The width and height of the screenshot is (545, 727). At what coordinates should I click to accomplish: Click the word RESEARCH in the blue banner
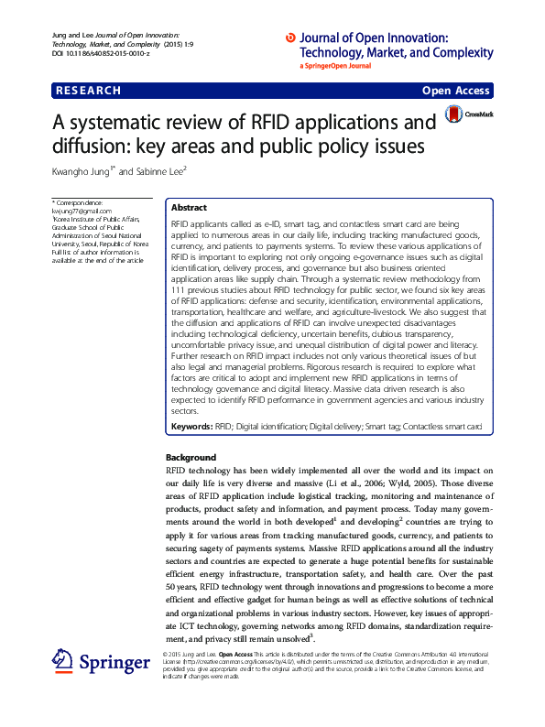(89, 91)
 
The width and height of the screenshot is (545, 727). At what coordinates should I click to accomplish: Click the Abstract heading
(189, 208)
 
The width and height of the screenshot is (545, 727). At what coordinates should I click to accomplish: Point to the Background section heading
(191, 457)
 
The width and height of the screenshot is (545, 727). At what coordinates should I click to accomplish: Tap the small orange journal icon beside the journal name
(291, 38)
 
